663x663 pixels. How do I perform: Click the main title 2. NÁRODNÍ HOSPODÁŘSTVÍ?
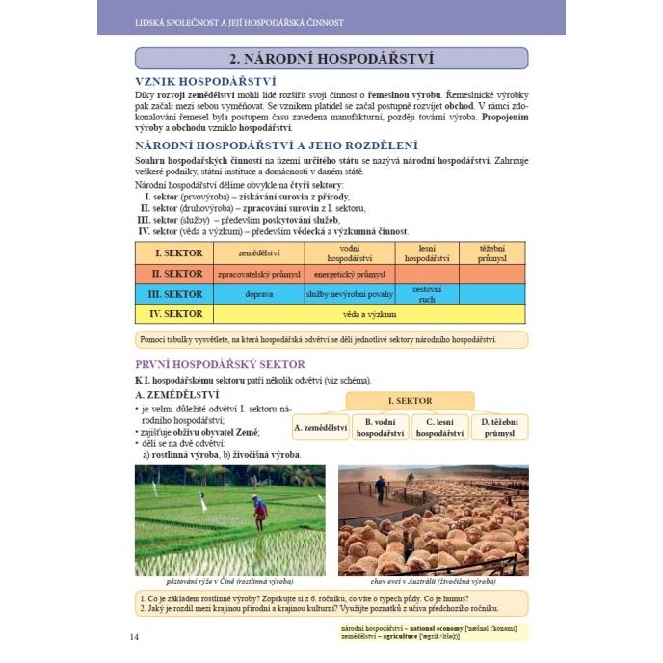331,59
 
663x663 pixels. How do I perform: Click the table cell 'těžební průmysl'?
492,253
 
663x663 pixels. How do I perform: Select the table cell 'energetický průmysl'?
349,274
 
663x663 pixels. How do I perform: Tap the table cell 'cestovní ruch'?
426,294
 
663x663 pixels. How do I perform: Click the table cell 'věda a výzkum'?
369,314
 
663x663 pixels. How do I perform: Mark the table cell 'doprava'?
258,294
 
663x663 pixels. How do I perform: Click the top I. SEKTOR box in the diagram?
410,400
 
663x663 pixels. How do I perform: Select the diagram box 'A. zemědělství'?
320,427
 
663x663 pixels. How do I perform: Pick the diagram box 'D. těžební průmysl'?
499,427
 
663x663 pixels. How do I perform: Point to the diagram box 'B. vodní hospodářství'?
380,427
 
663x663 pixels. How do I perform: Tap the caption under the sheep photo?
433,581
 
